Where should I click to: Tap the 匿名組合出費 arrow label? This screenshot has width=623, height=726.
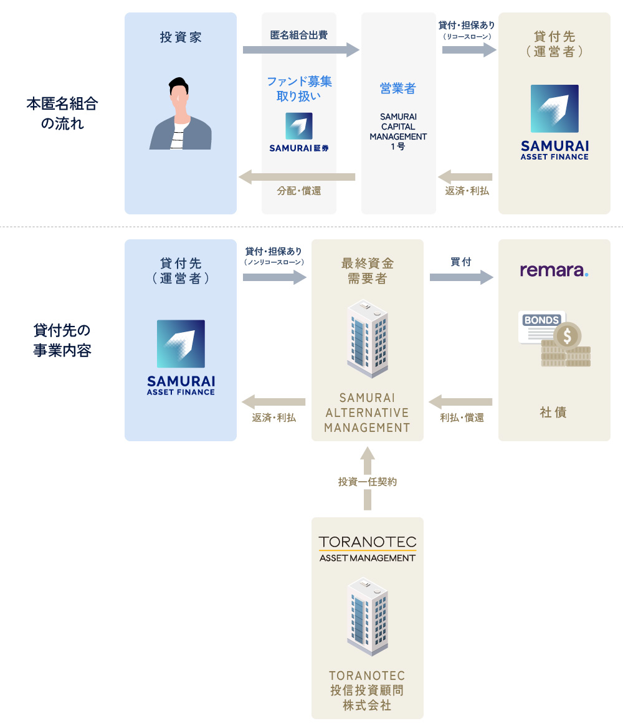coord(298,35)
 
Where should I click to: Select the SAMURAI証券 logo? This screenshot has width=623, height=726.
coord(299,133)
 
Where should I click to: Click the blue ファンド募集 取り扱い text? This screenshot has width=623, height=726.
coord(299,88)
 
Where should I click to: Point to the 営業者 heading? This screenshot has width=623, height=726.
coord(397,88)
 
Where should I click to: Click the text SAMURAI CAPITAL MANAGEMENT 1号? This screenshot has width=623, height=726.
coord(398,131)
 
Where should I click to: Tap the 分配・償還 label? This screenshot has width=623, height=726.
coord(299,191)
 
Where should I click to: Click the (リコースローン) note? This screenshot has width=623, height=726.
coord(467,37)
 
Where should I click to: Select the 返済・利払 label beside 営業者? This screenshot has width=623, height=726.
coord(467,191)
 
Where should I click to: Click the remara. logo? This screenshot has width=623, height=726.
coord(554,270)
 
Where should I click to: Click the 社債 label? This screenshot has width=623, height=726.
coord(553,412)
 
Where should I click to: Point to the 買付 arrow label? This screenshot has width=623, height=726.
coord(460,262)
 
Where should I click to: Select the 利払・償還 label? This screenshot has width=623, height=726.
coord(462,418)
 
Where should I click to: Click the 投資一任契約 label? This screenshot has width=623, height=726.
coord(368,482)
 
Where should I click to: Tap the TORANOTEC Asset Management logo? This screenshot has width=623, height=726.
coord(367,549)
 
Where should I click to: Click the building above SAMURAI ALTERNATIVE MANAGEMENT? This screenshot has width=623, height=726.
coord(368,339)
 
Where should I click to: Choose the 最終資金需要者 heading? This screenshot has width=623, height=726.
coord(368,271)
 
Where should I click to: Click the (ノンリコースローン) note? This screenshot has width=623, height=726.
coord(273,262)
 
